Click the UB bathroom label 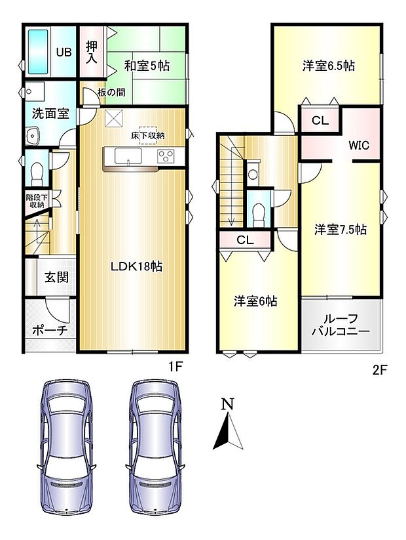click(x=64, y=52)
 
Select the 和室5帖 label click(x=147, y=66)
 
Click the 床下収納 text click(x=147, y=135)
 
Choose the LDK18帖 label click(x=136, y=266)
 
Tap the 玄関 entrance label click(x=57, y=278)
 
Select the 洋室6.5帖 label click(x=329, y=66)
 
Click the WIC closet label click(x=359, y=146)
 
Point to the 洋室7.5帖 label click(x=340, y=230)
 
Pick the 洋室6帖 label click(x=256, y=301)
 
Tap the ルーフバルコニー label click(x=341, y=325)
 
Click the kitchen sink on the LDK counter click(x=126, y=156)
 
